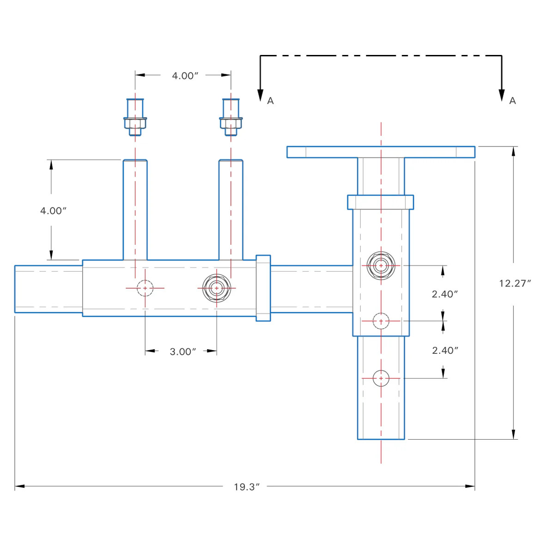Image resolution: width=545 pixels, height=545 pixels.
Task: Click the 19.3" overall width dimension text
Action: [247, 487]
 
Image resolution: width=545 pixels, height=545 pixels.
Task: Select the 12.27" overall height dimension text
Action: [515, 283]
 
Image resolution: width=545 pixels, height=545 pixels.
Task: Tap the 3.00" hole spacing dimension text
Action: [183, 351]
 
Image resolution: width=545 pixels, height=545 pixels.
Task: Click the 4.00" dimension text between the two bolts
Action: [185, 76]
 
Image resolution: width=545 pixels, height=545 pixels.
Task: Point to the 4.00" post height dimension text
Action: [53, 211]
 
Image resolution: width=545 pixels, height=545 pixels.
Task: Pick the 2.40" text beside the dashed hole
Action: [445, 294]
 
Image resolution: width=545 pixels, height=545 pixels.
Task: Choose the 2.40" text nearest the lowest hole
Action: [445, 351]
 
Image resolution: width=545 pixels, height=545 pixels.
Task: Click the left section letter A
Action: [271, 101]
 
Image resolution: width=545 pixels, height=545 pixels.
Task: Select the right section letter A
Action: [512, 101]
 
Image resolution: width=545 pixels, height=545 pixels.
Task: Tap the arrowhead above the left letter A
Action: [260, 94]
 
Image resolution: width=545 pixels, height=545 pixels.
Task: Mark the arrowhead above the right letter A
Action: [502, 94]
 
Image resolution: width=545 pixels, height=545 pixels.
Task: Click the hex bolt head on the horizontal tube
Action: [217, 288]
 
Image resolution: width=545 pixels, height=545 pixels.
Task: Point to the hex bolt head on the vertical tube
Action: [381, 266]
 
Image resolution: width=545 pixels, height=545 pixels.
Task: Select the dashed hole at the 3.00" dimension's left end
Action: [145, 288]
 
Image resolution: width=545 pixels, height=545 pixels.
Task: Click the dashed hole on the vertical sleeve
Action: [381, 321]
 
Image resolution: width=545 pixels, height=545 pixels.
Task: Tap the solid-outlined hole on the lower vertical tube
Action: [381, 378]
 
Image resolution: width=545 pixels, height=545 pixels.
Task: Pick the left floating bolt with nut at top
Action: [135, 117]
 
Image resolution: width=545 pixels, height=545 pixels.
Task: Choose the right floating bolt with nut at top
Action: [231, 117]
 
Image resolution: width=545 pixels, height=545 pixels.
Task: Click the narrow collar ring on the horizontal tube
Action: [263, 288]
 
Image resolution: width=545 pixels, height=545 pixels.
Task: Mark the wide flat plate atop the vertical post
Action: [381, 152]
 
